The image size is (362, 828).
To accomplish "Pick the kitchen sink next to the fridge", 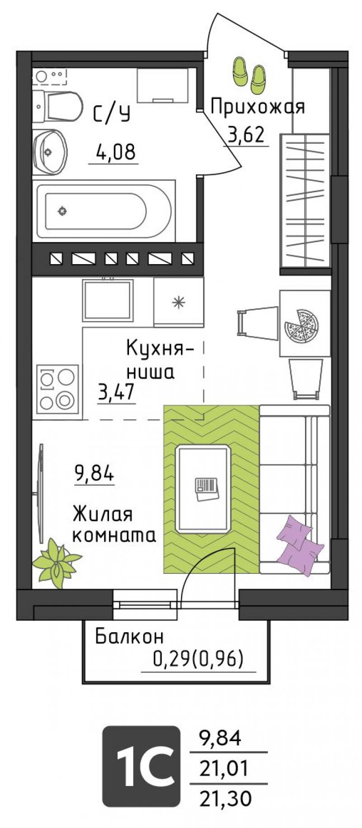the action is coord(108,298).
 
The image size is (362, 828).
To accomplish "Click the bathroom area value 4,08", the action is coord(115,152).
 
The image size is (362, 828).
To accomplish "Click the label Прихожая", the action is coord(257,107).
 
